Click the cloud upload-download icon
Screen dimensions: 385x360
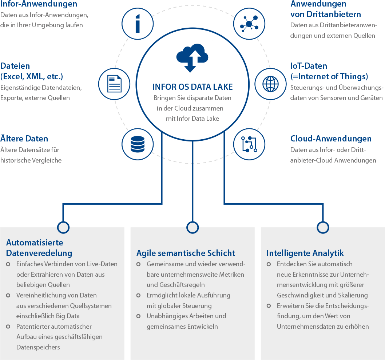click(x=192, y=58)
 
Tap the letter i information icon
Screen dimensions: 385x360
click(x=138, y=24)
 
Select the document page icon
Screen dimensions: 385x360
click(x=114, y=84)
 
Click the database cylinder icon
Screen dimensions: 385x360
click(x=138, y=144)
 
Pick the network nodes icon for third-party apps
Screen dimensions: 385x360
click(x=249, y=24)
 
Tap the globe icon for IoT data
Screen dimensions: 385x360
click(x=271, y=84)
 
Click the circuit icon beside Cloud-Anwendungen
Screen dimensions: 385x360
click(x=249, y=144)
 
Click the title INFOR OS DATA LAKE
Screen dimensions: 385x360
click(x=192, y=87)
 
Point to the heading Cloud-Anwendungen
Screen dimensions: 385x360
click(x=331, y=139)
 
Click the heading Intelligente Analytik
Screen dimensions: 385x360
click(x=305, y=253)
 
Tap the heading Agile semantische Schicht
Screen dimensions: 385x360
click(x=186, y=253)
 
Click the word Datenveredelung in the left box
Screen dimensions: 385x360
click(x=39, y=253)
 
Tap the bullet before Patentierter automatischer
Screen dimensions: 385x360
click(x=8, y=327)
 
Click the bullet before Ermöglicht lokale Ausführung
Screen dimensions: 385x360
click(x=139, y=296)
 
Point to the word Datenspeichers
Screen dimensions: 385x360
click(x=38, y=347)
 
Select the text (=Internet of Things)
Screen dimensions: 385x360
click(x=329, y=77)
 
